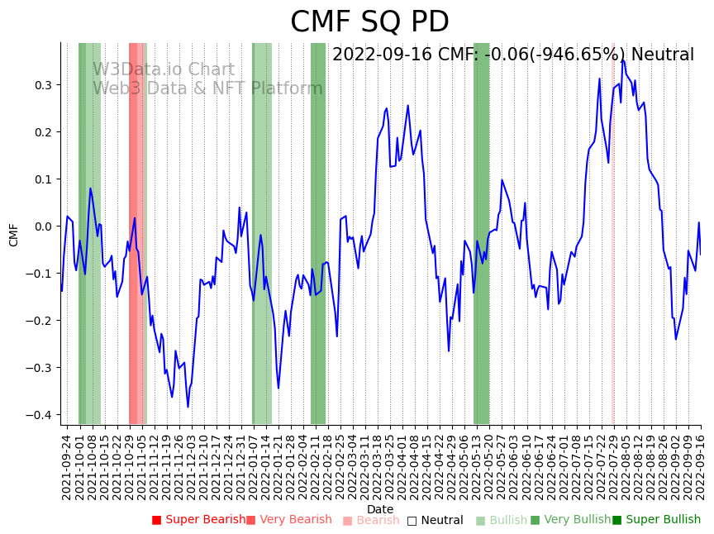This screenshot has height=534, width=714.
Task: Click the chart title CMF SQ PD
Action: click(x=369, y=21)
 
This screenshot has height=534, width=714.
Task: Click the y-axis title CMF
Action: click(x=14, y=235)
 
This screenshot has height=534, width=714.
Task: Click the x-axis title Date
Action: click(x=380, y=509)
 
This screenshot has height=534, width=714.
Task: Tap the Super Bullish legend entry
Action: click(x=656, y=520)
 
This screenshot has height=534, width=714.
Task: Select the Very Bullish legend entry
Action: click(x=569, y=520)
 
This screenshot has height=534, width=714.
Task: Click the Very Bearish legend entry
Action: click(x=288, y=520)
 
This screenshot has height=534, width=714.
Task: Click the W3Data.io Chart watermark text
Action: click(x=163, y=69)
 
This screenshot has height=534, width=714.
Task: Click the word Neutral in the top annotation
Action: click(x=662, y=55)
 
